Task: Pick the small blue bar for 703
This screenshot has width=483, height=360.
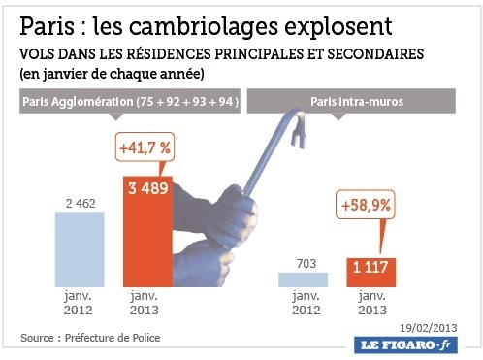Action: pyautogui.click(x=303, y=279)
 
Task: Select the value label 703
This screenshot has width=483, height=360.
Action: pyautogui.click(x=303, y=263)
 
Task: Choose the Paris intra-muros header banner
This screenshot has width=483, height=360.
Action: pyautogui.click(x=351, y=100)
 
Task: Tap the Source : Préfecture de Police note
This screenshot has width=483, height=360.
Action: pyautogui.click(x=90, y=338)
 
